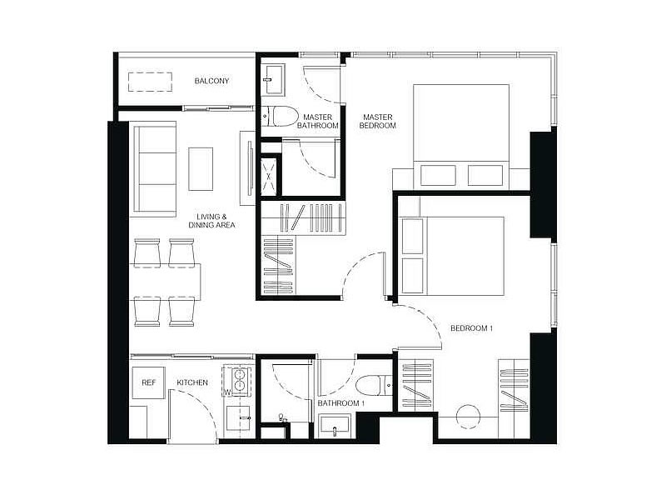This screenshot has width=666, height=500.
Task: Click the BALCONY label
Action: [211, 81]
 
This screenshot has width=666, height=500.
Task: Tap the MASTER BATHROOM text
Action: [318, 121]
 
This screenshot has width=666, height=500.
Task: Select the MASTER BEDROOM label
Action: [378, 121]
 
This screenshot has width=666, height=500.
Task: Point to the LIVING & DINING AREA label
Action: [211, 221]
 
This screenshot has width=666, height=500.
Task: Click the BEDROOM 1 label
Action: [471, 328]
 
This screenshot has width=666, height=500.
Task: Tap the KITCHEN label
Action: [192, 382]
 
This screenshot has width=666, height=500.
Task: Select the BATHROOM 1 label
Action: [341, 403]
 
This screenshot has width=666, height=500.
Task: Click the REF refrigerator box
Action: [148, 382]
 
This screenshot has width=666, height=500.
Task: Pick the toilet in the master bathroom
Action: [280, 117]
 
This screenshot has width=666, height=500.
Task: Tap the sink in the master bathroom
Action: [274, 79]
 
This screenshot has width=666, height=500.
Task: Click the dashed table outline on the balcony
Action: [151, 82]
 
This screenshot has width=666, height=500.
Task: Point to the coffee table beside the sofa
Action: [201, 169]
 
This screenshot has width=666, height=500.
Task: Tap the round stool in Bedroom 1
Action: [469, 416]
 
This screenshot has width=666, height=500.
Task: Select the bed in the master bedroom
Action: [461, 135]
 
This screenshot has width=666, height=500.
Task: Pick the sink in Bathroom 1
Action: [335, 427]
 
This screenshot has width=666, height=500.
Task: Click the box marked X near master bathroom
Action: [268, 177]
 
